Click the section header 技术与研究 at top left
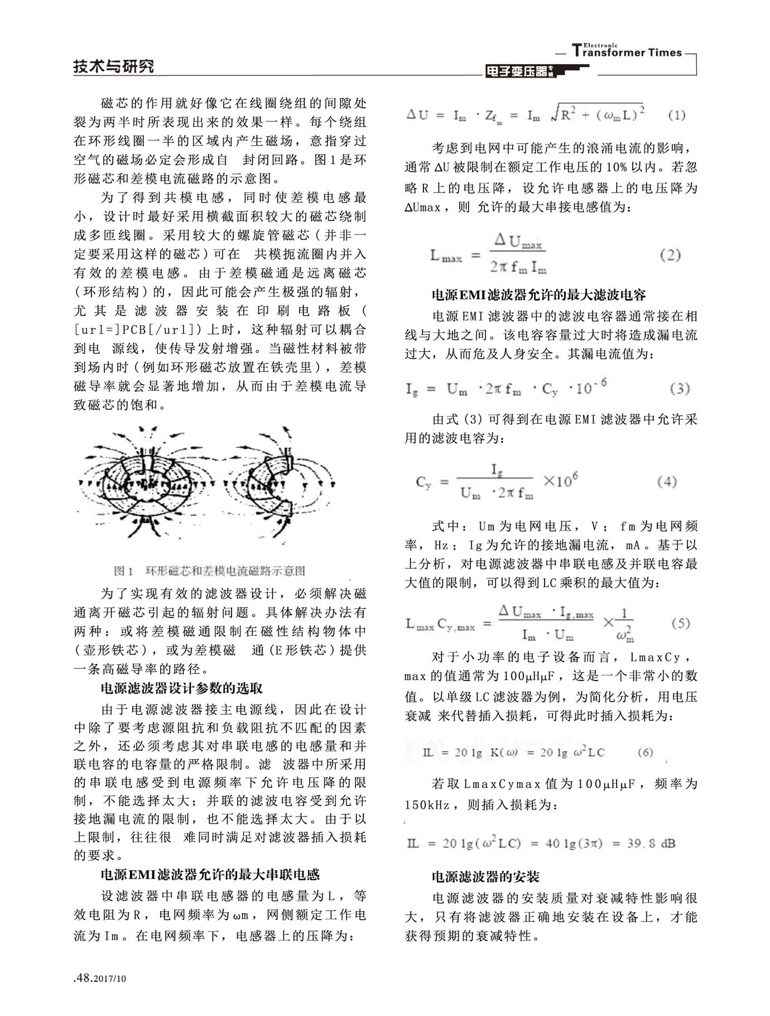[113, 66]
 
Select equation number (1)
[676, 116]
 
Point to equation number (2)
[670, 255]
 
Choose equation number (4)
[667, 482]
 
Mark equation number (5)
[680, 623]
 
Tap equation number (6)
[645, 753]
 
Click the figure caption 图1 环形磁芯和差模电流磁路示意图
[210, 571]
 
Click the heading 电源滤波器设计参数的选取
[181, 688]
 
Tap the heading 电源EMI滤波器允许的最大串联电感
[210, 874]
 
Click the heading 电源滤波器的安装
[485, 877]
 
